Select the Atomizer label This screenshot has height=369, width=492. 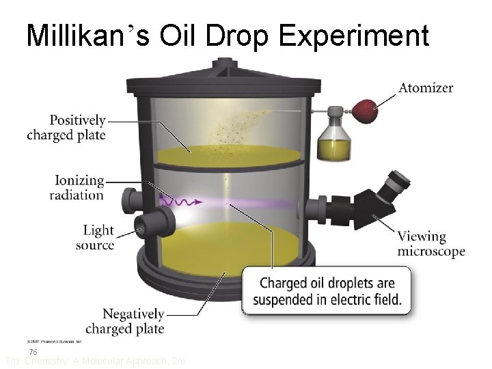[426, 87]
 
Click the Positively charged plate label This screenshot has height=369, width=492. [66, 127]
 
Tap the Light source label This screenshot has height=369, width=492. [95, 238]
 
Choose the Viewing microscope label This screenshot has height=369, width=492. [431, 244]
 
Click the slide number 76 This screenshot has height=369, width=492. [33, 351]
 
